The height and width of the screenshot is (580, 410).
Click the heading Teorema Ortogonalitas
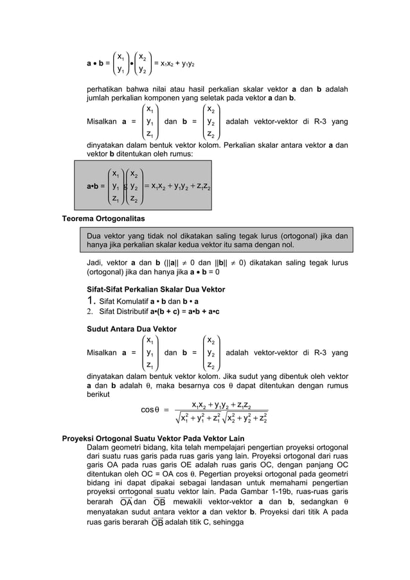(x=103, y=218)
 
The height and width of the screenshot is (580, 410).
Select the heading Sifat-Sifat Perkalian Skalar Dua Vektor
(x=156, y=290)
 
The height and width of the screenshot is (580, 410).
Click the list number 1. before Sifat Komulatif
(x=91, y=301)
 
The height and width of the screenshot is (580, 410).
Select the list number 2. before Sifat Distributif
(x=91, y=312)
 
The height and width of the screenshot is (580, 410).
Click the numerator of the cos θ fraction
(x=221, y=403)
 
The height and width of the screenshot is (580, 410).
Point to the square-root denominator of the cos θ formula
(x=221, y=417)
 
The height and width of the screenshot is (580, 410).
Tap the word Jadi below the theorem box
(x=94, y=263)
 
